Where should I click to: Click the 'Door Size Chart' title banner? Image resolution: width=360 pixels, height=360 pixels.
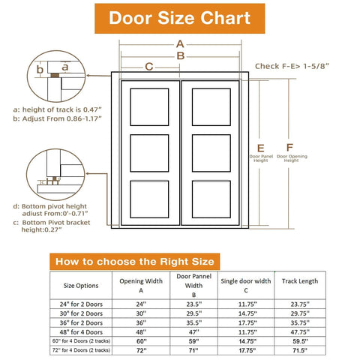(180, 18)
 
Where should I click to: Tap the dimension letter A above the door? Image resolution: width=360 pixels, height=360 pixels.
(180, 43)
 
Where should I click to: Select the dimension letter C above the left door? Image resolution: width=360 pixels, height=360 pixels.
(149, 67)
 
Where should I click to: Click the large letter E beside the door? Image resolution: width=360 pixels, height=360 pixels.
(260, 147)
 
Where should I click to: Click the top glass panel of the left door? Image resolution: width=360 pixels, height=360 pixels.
(150, 106)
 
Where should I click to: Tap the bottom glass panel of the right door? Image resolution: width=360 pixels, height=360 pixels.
(211, 199)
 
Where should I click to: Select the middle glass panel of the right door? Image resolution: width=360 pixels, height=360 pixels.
(211, 153)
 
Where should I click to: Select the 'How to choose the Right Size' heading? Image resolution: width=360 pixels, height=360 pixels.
(136, 261)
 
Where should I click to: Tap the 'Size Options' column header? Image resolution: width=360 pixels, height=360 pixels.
(80, 285)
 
